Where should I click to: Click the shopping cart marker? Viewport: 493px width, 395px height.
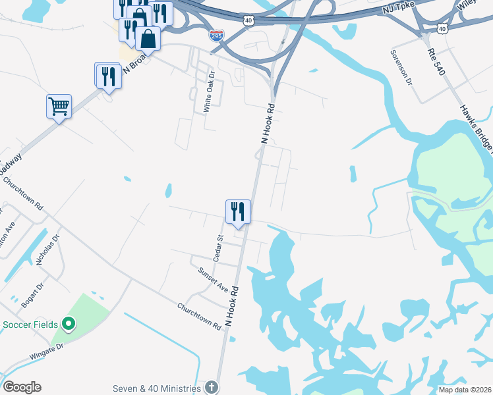coord(59,106)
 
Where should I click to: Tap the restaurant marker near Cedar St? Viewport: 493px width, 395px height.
coord(238,212)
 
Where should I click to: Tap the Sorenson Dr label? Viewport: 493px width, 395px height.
coord(401,68)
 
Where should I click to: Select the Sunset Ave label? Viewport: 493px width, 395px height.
coord(213,279)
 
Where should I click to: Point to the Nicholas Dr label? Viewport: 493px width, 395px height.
coord(47,250)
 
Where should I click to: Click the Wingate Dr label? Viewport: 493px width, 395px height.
coord(46,350)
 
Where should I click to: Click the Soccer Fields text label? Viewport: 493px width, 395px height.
coord(30,325)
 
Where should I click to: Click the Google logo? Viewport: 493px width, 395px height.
coord(22,387)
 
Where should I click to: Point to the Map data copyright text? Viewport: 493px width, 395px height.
coord(465,390)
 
